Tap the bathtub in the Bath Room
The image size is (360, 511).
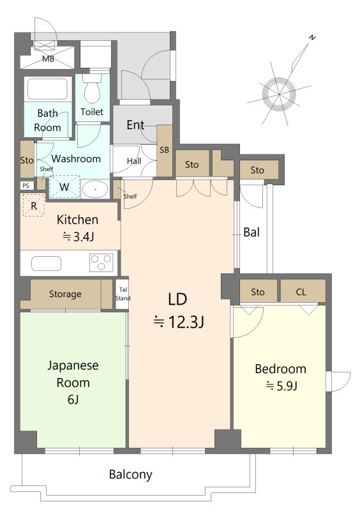click(48, 89)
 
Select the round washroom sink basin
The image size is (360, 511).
click(95, 189)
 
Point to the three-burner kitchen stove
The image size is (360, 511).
click(101, 263)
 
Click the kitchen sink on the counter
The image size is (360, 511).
click(46, 263)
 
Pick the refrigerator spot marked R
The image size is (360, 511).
click(34, 205)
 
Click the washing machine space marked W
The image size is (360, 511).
click(64, 187)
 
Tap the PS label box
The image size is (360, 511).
click(26, 186)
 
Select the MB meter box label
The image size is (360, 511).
click(48, 59)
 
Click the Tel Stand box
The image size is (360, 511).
click(123, 294)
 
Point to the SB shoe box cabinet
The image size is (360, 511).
click(165, 150)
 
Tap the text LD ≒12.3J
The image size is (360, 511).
click(179, 310)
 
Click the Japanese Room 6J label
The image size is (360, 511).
click(73, 382)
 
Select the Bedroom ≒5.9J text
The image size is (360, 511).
click(280, 377)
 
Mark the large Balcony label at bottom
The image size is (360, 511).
click(131, 474)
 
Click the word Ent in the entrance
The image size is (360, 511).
click(135, 125)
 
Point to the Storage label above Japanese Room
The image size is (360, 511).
click(65, 294)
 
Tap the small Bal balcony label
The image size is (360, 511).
click(251, 233)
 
